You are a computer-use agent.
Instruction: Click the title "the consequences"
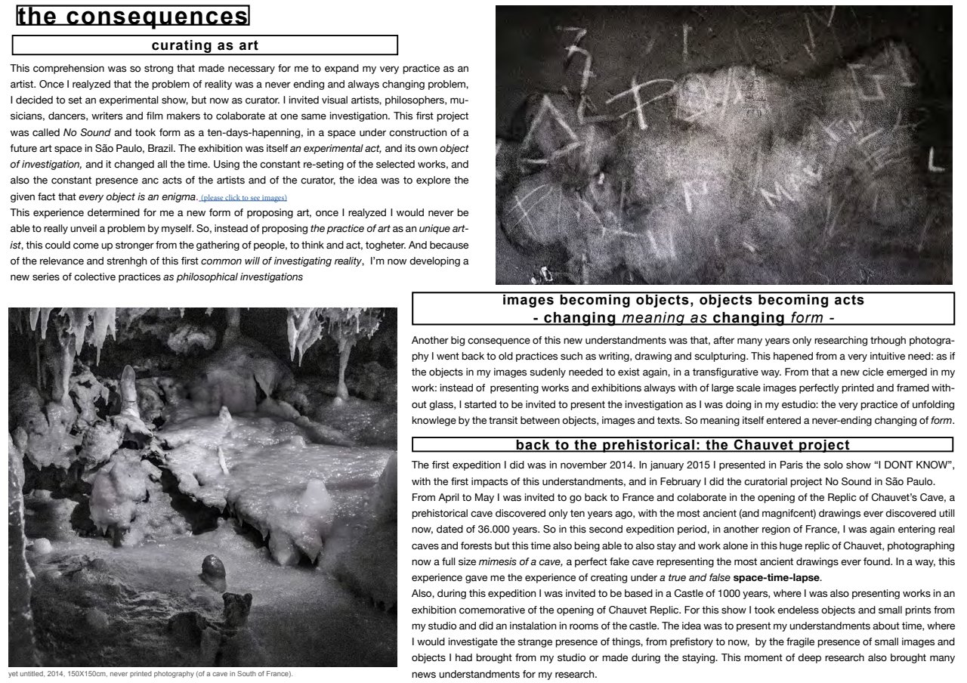tap(133, 17)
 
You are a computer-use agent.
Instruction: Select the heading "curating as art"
tap(205, 45)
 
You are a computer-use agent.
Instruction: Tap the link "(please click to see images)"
tap(243, 198)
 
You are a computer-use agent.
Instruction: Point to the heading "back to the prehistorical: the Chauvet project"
tap(683, 445)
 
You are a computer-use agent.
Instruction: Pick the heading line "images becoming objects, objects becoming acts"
tap(683, 300)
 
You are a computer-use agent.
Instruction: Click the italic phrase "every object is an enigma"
tap(137, 197)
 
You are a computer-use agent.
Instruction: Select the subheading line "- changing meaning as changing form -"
tap(683, 317)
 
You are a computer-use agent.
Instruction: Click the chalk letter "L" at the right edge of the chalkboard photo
tap(938, 161)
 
